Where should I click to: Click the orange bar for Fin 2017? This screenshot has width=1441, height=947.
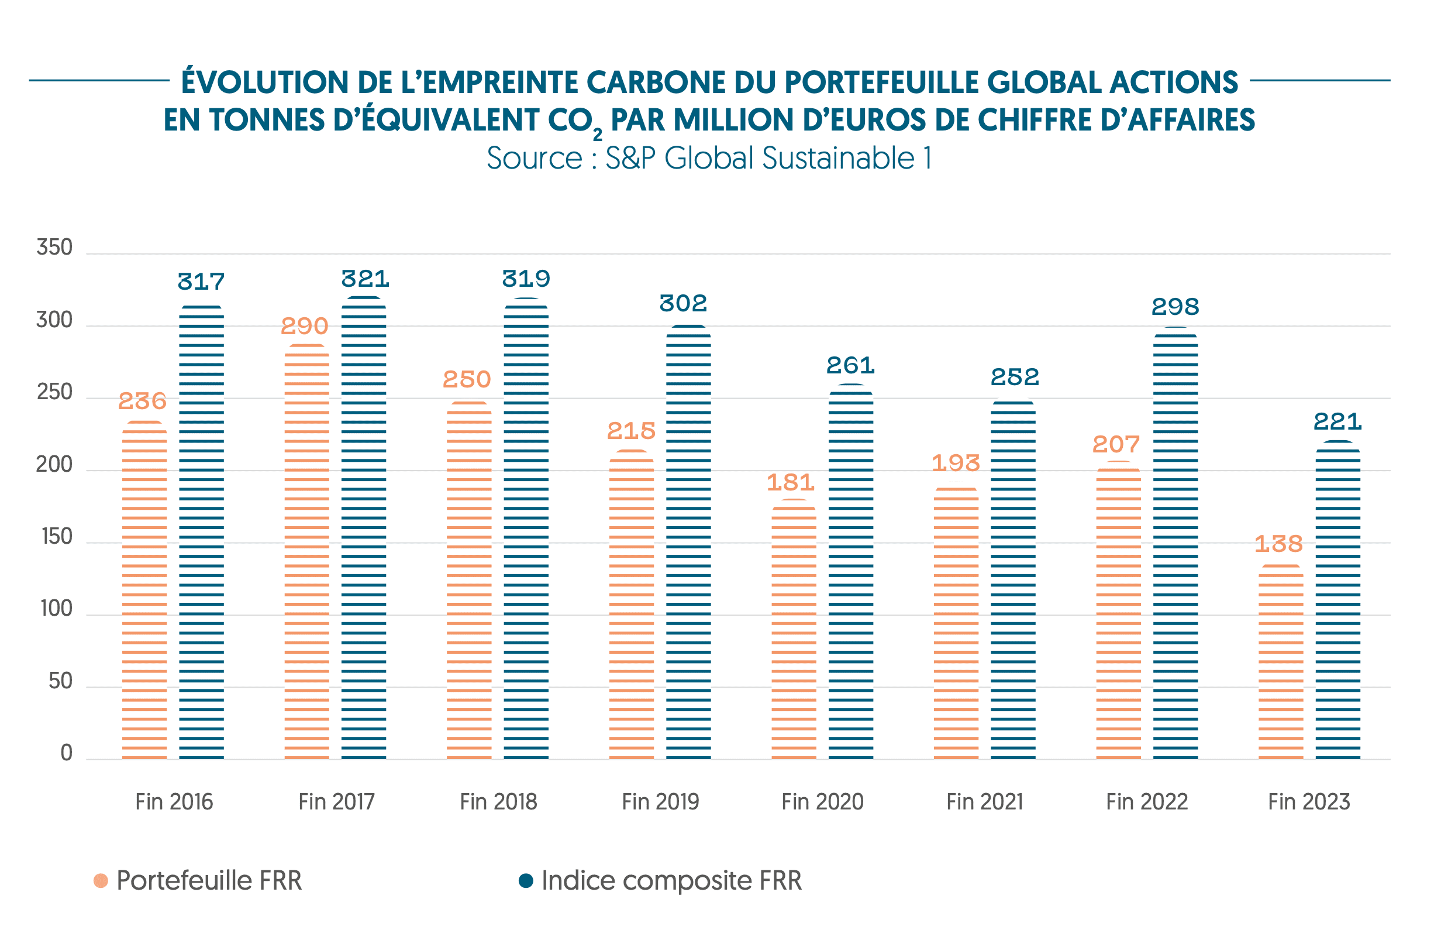tap(306, 551)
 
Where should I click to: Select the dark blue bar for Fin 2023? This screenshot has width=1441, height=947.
tap(1337, 600)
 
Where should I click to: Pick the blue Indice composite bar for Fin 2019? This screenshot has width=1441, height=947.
tap(688, 542)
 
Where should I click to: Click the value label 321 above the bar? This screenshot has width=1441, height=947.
tap(365, 279)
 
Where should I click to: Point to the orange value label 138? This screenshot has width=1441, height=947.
tap(1278, 544)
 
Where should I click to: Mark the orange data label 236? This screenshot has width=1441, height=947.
tap(142, 401)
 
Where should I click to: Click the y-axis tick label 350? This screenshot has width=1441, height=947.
tap(54, 248)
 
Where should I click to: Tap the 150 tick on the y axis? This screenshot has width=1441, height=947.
tap(57, 537)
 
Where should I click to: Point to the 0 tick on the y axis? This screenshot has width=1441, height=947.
tap(67, 753)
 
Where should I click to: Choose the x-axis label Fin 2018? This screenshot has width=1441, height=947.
tap(498, 802)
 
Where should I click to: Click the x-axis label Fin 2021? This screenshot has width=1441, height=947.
tap(984, 802)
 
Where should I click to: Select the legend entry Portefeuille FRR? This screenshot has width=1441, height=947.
tap(208, 881)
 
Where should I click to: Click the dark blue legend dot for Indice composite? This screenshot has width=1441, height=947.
tap(526, 881)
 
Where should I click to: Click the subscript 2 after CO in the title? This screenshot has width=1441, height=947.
tap(597, 135)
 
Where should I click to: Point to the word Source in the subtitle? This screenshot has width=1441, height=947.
tap(534, 159)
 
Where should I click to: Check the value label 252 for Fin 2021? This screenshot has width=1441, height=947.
tap(1014, 378)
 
